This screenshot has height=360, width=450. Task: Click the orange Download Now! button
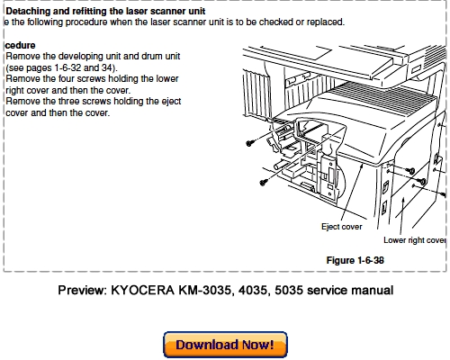[225, 345]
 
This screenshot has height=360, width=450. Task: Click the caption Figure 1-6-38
[355, 260]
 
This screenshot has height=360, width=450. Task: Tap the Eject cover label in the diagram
[342, 227]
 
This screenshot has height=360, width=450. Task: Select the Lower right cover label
[415, 240]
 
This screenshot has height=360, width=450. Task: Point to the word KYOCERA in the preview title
[143, 291]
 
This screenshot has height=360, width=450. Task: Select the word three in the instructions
[68, 102]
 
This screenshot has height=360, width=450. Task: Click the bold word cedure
[20, 45]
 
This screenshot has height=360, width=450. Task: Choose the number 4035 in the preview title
[253, 291]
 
